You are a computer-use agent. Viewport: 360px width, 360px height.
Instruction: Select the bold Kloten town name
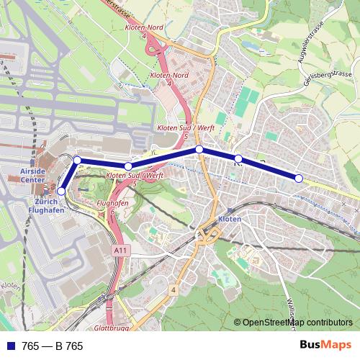pos(228,217)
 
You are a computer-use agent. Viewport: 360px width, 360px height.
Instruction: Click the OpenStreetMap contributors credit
pos(296,323)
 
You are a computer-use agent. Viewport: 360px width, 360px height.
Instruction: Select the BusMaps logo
pos(326,345)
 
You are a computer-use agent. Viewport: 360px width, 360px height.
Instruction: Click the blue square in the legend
pos(9,346)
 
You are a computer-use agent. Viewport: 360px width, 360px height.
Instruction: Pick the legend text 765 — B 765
pos(53,346)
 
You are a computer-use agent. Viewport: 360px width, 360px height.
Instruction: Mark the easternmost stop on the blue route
pos(299,178)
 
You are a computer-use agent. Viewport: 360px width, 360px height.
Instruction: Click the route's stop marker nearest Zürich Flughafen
pos(62,191)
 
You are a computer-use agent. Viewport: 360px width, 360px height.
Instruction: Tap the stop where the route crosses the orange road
pos(200,150)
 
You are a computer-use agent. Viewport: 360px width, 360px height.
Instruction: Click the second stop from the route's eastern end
pos(238,158)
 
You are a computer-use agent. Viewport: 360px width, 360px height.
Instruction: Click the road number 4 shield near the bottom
pos(174,289)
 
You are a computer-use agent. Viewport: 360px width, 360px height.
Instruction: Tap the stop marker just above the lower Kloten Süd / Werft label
pos(128,166)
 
